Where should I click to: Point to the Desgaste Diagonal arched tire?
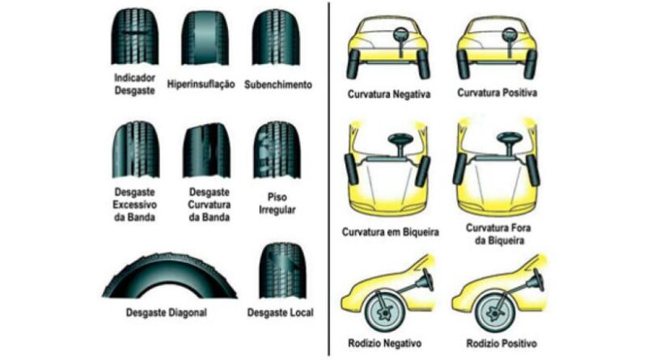(170, 279)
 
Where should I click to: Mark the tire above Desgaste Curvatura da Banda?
(204, 150)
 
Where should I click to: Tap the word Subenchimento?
(278, 84)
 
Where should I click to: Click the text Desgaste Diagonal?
(167, 312)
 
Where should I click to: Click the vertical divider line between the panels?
(328, 178)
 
